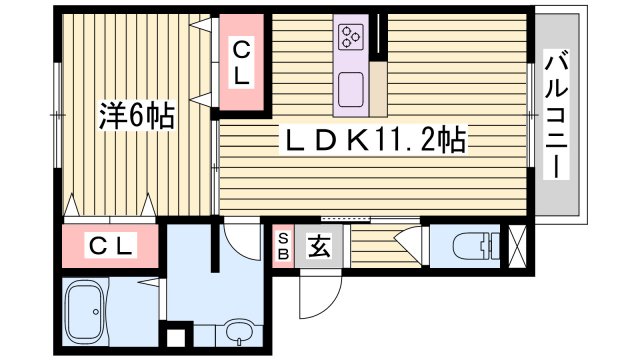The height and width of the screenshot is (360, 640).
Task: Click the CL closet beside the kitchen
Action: pyautogui.click(x=242, y=63)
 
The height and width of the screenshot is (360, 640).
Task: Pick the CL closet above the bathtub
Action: pyautogui.click(x=111, y=245)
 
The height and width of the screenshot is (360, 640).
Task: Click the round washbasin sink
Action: pyautogui.click(x=239, y=331)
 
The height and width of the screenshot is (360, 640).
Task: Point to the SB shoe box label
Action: pyautogui.click(x=283, y=245)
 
